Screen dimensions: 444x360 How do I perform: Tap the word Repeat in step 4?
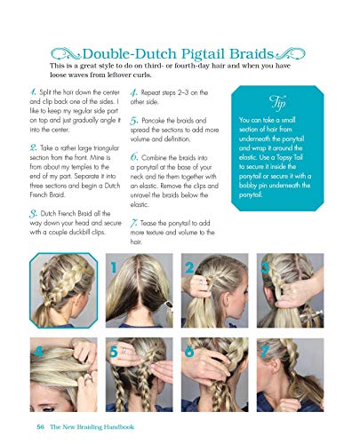click(161, 91)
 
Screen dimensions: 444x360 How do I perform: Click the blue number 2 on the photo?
click(189, 267)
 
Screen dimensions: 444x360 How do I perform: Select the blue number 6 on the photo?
click(189, 351)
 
